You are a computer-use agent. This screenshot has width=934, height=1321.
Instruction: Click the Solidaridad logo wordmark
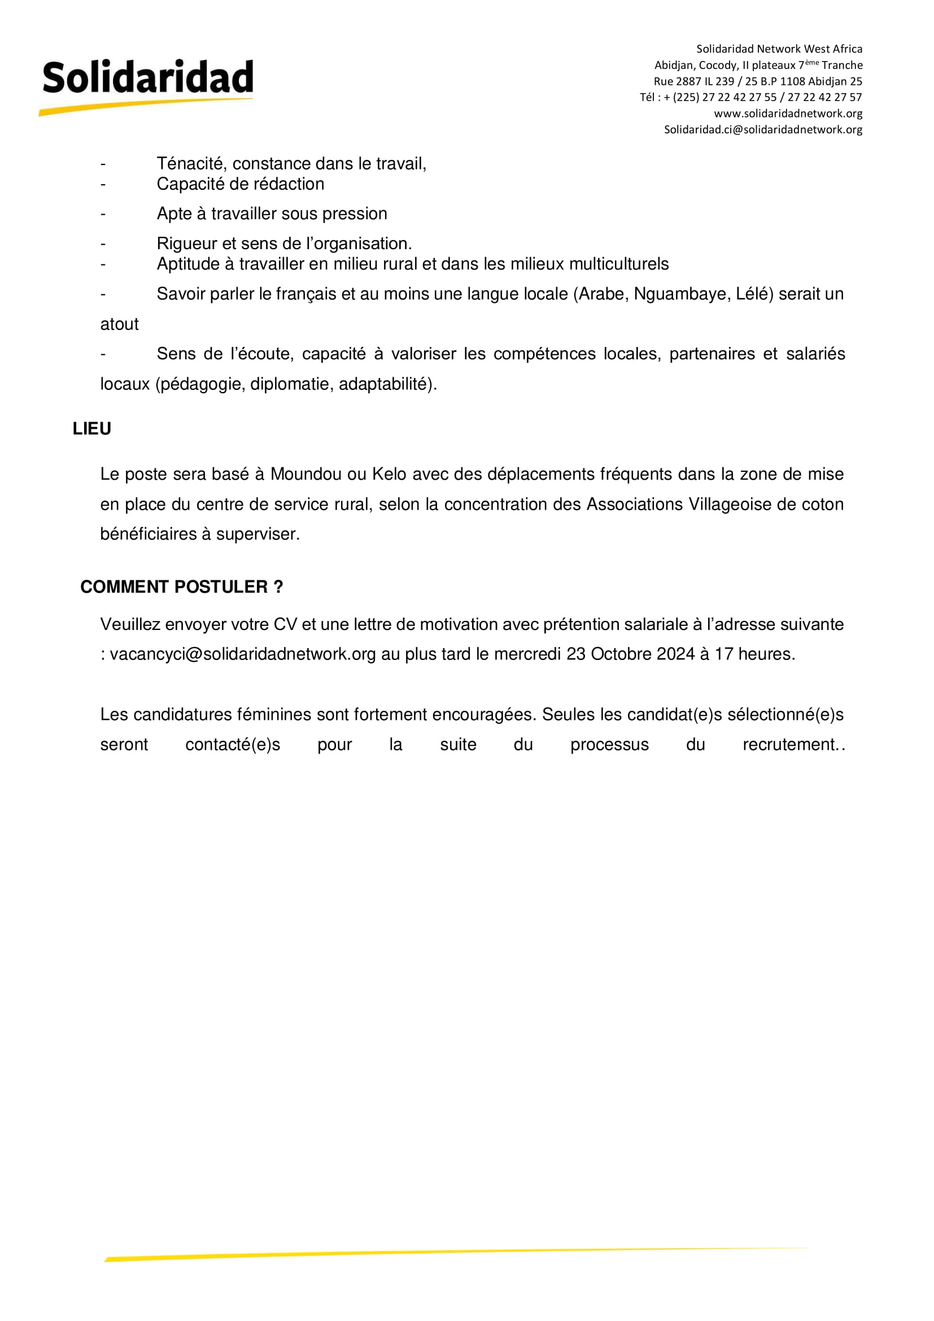148,77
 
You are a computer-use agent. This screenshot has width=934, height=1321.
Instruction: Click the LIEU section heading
92,429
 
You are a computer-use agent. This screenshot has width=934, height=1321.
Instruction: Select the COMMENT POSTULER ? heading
182,587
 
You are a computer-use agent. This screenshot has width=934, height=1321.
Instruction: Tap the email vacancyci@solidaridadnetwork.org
243,654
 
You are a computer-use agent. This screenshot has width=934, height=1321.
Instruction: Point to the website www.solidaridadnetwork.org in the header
788,114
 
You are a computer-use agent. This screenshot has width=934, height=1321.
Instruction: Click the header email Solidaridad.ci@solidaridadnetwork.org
763,129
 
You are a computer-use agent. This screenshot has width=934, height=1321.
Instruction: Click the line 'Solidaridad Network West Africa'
779,49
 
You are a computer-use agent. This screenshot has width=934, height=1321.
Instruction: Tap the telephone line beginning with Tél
750,97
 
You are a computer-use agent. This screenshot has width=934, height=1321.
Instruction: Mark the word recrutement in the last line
789,745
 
